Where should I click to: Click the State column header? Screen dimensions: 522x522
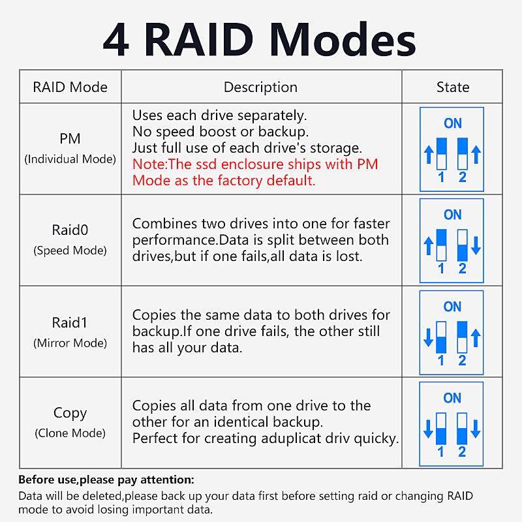[452, 87]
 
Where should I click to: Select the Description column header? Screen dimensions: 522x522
[260, 87]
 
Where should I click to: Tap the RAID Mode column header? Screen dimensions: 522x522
[70, 87]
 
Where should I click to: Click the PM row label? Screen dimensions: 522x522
[70, 138]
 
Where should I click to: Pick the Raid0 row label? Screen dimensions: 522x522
[70, 230]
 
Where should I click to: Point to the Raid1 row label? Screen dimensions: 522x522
[70, 322]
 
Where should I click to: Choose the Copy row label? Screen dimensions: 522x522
[70, 413]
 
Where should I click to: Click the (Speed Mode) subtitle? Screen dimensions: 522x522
[70, 250]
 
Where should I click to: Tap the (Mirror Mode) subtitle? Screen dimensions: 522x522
[70, 343]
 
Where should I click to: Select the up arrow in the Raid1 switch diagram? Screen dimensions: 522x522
[476, 337]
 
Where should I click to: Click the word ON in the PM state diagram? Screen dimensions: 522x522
[452, 123]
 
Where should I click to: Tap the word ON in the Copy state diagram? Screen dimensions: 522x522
[452, 398]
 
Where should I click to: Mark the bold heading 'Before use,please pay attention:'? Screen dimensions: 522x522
[106, 480]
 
